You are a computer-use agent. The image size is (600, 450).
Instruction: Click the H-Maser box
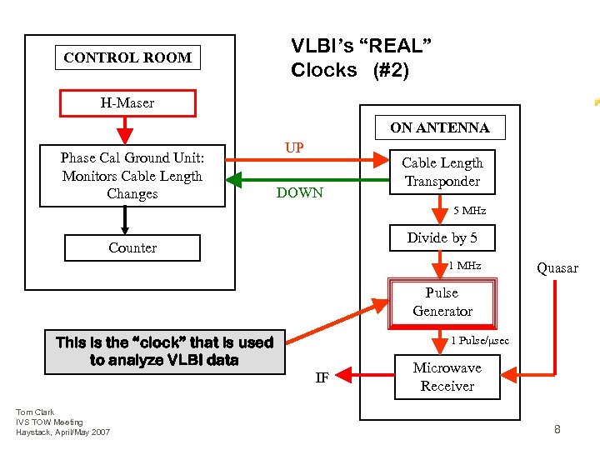tap(127, 103)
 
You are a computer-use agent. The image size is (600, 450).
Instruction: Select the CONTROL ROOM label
tap(127, 57)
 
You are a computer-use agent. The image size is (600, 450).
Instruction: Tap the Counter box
tap(132, 248)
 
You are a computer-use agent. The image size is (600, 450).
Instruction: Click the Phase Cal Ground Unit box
tap(132, 176)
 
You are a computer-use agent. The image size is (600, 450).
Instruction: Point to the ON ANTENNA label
tap(440, 127)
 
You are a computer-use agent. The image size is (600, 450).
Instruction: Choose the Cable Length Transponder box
tap(442, 172)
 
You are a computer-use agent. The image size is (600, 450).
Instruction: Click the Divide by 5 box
tap(442, 237)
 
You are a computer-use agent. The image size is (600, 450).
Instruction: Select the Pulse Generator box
tap(442, 302)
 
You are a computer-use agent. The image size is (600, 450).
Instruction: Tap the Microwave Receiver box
tap(447, 377)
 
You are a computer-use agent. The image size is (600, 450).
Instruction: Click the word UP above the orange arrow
tap(294, 147)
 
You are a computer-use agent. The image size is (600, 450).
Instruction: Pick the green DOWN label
tap(300, 192)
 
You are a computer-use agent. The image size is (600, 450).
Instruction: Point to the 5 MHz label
tap(469, 211)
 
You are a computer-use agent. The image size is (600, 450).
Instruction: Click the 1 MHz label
tap(465, 265)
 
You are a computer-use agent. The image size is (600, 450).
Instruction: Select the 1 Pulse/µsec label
tap(480, 340)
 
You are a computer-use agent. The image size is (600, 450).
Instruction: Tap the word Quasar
tap(557, 268)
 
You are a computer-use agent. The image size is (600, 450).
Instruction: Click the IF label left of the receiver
tap(322, 377)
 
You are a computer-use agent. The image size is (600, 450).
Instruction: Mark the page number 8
tap(557, 429)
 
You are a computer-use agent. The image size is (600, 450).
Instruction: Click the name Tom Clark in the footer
tap(35, 412)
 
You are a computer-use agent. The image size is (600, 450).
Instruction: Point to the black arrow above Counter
tap(125, 220)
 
